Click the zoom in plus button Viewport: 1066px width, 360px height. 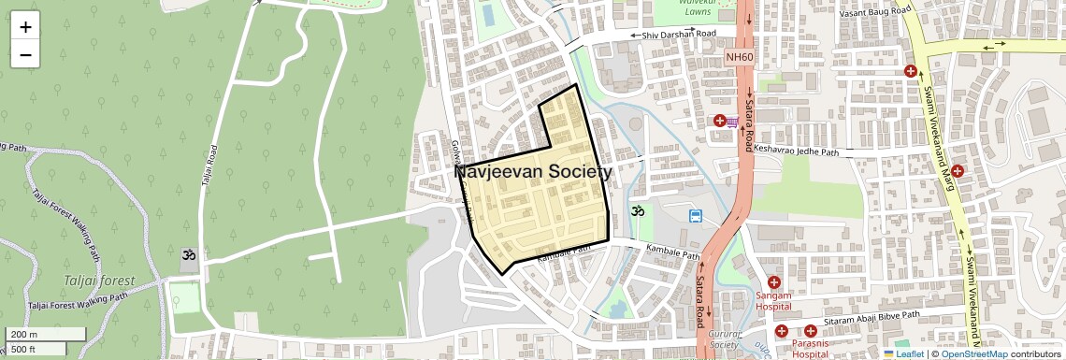(25, 27)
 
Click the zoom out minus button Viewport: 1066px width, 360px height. (25, 54)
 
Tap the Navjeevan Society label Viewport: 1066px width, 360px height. (533, 172)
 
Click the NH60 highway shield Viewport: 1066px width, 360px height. (739, 57)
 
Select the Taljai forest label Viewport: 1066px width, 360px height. (99, 281)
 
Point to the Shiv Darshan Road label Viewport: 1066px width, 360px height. (672, 34)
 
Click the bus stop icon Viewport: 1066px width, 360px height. (696, 216)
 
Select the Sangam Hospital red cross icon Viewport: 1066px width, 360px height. (773, 282)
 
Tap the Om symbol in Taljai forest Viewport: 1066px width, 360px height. (188, 254)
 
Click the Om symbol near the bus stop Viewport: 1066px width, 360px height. (638, 211)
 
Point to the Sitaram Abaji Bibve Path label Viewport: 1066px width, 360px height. (872, 320)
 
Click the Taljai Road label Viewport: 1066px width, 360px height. (209, 169)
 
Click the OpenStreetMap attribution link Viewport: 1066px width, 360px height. (973, 353)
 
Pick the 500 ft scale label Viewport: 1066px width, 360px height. (24, 350)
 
